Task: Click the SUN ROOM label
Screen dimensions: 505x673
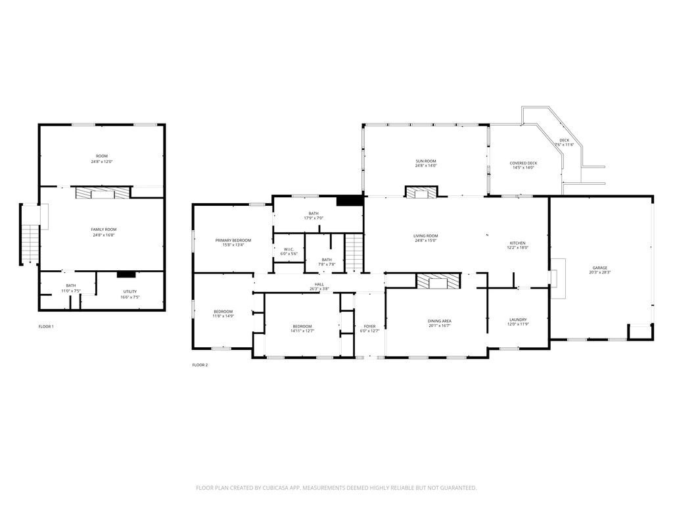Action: click(425, 161)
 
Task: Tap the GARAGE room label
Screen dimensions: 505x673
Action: click(599, 268)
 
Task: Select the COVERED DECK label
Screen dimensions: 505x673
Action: click(523, 163)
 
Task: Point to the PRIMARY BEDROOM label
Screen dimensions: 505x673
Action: click(233, 241)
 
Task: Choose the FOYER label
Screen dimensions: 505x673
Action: click(369, 326)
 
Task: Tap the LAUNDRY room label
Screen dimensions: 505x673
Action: click(518, 320)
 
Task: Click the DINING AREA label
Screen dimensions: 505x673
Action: click(439, 321)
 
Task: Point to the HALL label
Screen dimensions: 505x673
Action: click(319, 284)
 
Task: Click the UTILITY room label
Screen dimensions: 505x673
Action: click(130, 291)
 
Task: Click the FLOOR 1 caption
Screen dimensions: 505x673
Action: click(46, 326)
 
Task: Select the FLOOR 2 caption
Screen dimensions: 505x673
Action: click(200, 365)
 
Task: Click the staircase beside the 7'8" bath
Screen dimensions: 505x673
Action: click(354, 252)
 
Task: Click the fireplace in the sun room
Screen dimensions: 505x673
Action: click(421, 192)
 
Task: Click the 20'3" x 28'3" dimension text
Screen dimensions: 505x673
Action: click(599, 273)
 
